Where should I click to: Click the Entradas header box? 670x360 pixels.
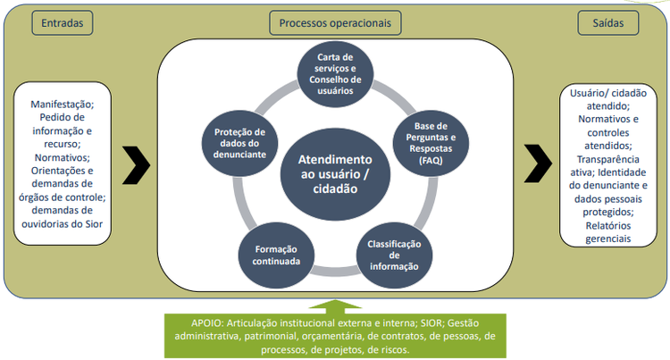pyautogui.click(x=62, y=22)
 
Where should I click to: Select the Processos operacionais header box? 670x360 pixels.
pyautogui.click(x=335, y=22)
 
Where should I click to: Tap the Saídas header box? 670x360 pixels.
pyautogui.click(x=607, y=22)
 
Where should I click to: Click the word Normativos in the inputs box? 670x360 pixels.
pyautogui.click(x=60, y=156)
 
